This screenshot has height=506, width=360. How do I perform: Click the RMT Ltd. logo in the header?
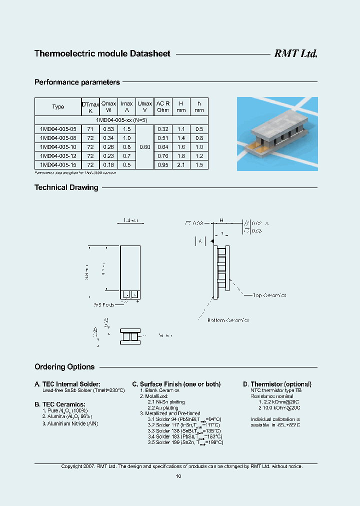tap(295, 54)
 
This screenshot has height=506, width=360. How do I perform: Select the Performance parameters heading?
tap(77, 82)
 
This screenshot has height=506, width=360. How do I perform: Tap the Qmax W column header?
tap(108, 106)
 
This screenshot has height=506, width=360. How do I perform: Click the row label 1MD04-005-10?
tap(58, 147)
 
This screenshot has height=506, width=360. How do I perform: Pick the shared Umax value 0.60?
tap(144, 147)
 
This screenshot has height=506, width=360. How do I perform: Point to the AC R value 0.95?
tap(163, 165)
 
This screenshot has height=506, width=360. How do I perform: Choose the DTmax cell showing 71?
tap(90, 129)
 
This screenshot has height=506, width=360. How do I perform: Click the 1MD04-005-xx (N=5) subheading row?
tap(121, 120)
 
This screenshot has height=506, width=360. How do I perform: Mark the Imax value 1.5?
tap(127, 129)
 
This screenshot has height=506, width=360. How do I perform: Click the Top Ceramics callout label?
tap(270, 295)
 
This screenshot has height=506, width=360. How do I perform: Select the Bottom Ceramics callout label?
tap(228, 320)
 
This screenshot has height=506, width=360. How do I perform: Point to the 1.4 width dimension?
tap(129, 220)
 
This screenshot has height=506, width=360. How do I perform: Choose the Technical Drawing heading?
tap(66, 187)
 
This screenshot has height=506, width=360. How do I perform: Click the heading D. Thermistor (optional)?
tap(277, 384)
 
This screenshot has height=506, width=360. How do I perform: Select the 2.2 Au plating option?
tap(163, 408)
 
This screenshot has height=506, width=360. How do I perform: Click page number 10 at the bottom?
tap(178, 476)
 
